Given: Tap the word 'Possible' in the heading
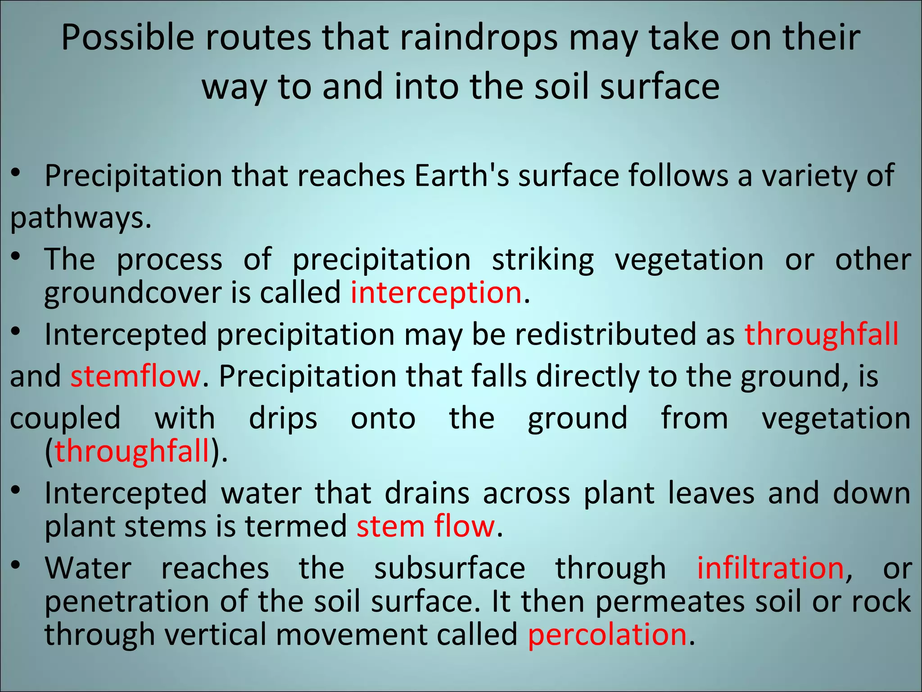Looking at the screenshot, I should (x=127, y=38).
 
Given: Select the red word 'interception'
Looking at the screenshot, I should (x=436, y=293).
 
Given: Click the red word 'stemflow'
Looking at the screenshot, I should (x=135, y=376).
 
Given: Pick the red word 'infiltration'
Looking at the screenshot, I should (x=770, y=569).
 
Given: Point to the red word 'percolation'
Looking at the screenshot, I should (x=607, y=635).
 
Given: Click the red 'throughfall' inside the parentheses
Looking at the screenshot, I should (x=132, y=451).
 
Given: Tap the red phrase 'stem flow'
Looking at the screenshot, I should (x=425, y=526).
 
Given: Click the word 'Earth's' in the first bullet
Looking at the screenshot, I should (x=462, y=176).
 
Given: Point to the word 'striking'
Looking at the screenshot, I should (x=542, y=260).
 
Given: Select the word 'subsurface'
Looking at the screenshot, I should (x=449, y=569).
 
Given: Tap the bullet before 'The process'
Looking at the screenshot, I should (x=16, y=256).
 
